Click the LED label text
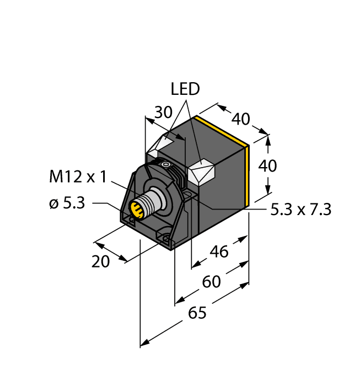pos(185,89)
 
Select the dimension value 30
pos(163,112)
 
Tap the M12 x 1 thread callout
pos(77,177)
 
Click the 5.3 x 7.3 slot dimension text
pos(301,210)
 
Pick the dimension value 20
pos(100,262)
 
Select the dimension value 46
pos(219,252)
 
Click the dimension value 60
pos(211,282)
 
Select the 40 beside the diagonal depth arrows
pos(240,119)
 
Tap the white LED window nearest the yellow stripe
pos(201,173)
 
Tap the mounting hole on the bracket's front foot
pos(165,238)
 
